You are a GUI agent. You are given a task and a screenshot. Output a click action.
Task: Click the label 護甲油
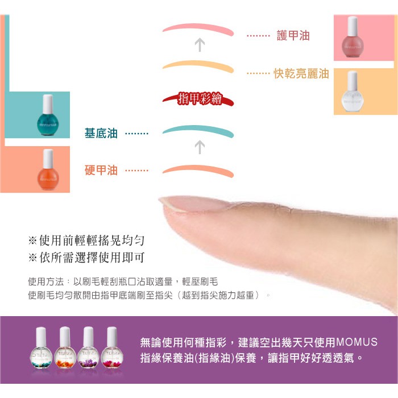pyautogui.click(x=293, y=35)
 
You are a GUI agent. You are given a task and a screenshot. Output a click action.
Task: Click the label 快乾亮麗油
pyautogui.click(x=301, y=73)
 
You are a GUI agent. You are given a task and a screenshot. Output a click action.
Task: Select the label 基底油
pyautogui.click(x=101, y=133)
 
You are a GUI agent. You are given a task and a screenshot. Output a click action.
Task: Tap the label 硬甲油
pyautogui.click(x=101, y=170)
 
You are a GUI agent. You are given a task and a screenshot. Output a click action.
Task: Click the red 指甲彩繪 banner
pyautogui.click(x=198, y=99)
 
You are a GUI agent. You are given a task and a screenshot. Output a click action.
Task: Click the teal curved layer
pyautogui.click(x=198, y=128)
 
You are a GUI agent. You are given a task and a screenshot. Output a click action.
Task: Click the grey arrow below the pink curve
pyautogui.click(x=200, y=45)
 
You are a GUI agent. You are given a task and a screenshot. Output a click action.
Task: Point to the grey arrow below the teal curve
pyautogui.click(x=200, y=147)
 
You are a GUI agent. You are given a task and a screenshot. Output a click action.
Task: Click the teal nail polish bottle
pyautogui.click(x=48, y=115)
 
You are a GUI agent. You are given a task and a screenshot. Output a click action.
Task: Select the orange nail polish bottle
pyautogui.click(x=48, y=169)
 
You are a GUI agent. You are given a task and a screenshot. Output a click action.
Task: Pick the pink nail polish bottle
pyautogui.click(x=353, y=37)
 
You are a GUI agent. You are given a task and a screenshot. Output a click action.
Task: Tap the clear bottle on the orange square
pyautogui.click(x=353, y=92)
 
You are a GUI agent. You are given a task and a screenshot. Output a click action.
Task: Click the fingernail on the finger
pyautogui.click(x=196, y=204)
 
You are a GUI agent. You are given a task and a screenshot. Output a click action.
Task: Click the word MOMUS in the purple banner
pyautogui.click(x=356, y=342)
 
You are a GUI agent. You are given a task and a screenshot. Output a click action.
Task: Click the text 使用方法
pyautogui.click(x=45, y=281)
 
